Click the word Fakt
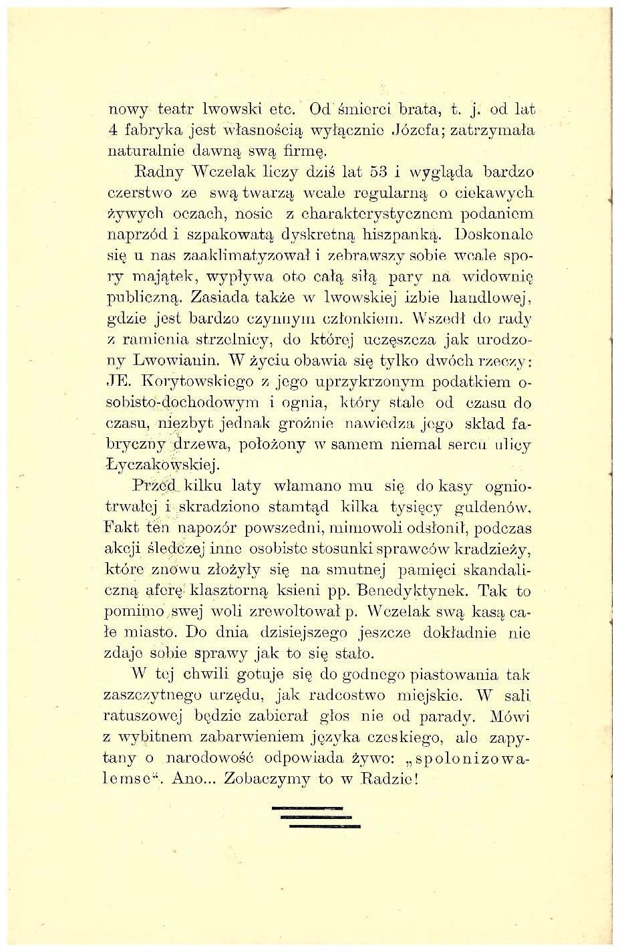[x=120, y=528]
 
